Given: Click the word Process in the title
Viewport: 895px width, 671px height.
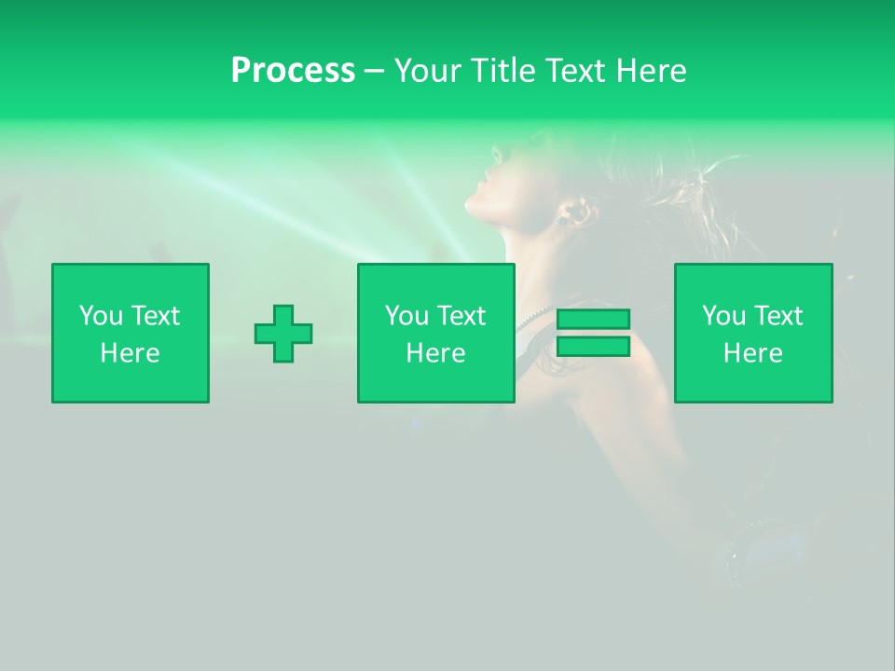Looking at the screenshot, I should tap(293, 71).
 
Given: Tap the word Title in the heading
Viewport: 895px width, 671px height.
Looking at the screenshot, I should tap(503, 71).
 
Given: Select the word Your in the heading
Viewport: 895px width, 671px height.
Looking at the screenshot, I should tap(428, 71).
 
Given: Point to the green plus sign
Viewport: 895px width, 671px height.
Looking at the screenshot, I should tap(283, 334).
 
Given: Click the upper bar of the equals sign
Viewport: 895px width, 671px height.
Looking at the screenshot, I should tap(593, 320).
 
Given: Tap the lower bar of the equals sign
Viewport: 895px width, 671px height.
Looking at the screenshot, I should tap(593, 346).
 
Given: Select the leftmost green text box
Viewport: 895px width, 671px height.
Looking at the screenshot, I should tap(131, 333).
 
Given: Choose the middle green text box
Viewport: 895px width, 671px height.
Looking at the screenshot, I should tap(436, 333).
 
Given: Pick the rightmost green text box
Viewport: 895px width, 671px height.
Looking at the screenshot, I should tap(753, 333).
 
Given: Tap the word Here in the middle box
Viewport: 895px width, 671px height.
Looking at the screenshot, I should tap(436, 353).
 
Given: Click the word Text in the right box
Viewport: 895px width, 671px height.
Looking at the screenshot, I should tap(778, 316).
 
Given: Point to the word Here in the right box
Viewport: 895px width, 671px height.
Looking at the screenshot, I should tap(753, 353).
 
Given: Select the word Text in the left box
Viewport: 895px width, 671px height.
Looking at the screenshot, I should tap(156, 316).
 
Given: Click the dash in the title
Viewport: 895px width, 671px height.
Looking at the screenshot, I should tap(374, 71).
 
